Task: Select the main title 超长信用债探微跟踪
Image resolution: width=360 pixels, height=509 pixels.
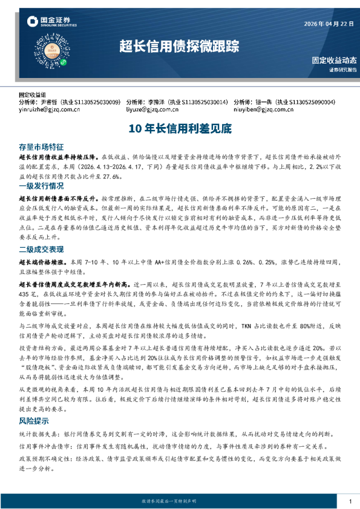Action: (x=179, y=46)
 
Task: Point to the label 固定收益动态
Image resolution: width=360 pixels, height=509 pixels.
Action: (x=334, y=61)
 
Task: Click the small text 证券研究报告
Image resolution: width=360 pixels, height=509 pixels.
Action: (x=343, y=70)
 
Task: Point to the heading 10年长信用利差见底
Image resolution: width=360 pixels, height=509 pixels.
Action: (x=180, y=128)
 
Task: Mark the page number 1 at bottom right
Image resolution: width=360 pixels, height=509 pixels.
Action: (x=350, y=501)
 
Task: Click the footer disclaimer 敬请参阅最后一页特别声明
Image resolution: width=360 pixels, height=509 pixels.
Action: (x=180, y=501)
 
